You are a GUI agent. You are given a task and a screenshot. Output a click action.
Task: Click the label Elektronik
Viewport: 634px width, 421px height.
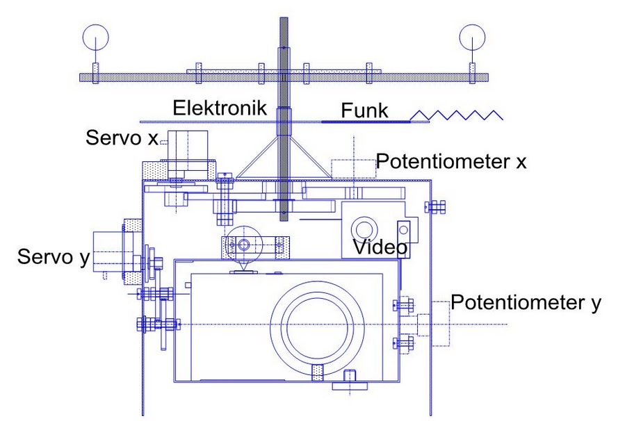tap(216, 109)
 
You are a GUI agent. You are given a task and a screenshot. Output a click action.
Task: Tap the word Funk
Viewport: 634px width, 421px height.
tap(364, 111)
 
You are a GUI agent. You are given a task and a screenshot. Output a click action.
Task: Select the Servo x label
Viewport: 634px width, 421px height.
tap(122, 137)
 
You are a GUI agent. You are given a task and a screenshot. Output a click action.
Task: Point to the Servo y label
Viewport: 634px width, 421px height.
tap(54, 258)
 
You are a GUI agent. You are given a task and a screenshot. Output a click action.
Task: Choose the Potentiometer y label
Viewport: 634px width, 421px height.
tap(526, 302)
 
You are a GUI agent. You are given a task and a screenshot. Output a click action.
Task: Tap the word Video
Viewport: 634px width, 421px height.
tap(380, 247)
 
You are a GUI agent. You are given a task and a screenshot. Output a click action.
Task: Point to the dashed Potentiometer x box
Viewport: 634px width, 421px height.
tap(352, 170)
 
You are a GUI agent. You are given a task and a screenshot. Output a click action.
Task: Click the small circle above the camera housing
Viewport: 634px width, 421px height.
tap(243, 244)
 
